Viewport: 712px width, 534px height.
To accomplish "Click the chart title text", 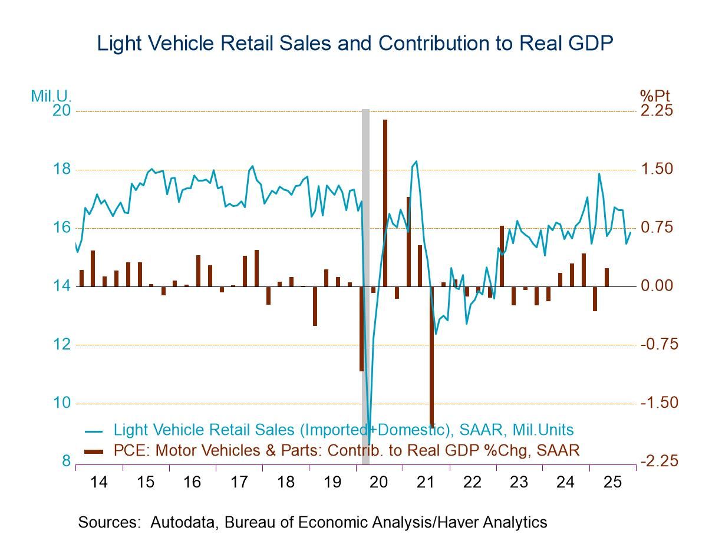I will pyautogui.click(x=355, y=43).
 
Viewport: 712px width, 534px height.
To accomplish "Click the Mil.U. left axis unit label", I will pyautogui.click(x=51, y=95).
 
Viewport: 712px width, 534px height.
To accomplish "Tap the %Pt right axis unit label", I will pyautogui.click(x=654, y=95).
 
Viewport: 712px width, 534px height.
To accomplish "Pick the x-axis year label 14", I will pyautogui.click(x=99, y=482).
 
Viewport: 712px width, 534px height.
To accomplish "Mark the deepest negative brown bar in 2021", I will pyautogui.click(x=431, y=356).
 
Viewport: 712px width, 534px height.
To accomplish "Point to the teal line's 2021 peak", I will pyautogui.click(x=416, y=161).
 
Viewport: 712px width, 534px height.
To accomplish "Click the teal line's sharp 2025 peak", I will pyautogui.click(x=599, y=174).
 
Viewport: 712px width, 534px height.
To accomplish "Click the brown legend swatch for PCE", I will pyautogui.click(x=94, y=451).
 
